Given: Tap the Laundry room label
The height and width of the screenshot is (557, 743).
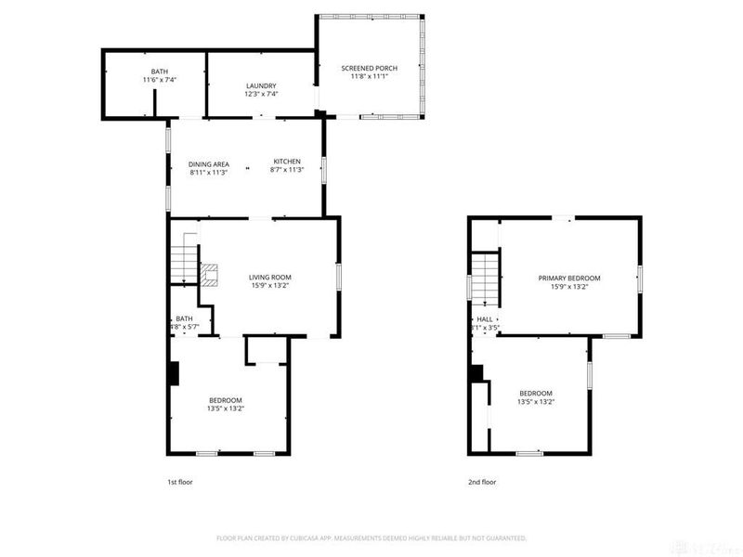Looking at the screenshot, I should [261, 85].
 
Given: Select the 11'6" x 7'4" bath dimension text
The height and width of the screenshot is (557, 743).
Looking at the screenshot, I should [160, 81].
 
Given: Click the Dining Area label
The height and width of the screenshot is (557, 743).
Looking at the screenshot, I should [209, 164].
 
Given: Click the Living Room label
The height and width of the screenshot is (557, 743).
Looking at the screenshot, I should [270, 277].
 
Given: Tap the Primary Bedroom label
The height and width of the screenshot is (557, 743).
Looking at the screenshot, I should [570, 278].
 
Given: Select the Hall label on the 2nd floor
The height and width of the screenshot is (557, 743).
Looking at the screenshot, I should [484, 318].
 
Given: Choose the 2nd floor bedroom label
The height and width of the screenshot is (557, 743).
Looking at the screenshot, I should [536, 393].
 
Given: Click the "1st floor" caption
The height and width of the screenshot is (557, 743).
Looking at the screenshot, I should [180, 482].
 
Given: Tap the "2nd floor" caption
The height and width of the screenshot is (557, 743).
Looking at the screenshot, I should [483, 482].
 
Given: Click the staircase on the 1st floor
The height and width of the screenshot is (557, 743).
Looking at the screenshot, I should [184, 260].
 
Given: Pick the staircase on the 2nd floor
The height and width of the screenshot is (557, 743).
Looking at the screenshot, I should [486, 278].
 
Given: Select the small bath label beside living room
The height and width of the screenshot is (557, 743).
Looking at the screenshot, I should [184, 318].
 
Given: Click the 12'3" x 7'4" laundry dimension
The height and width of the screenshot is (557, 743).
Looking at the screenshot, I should [261, 94].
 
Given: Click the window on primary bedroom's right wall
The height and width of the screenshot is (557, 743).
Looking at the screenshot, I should [639, 278].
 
